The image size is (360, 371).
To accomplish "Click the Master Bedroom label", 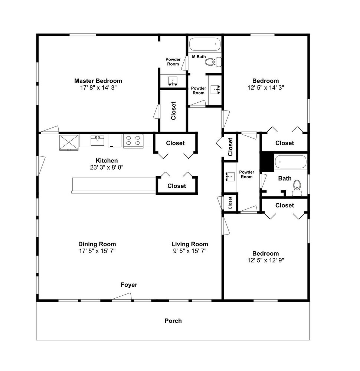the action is pyautogui.click(x=98, y=81).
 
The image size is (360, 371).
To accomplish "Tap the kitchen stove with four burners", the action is pyautogui.click(x=133, y=141).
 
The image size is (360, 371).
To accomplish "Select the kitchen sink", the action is pyautogui.click(x=98, y=141).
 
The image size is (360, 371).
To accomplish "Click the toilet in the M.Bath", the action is pyautogui.click(x=213, y=62).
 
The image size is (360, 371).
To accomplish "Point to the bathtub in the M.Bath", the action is pyautogui.click(x=205, y=44).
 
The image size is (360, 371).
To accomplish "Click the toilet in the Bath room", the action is pyautogui.click(x=297, y=188).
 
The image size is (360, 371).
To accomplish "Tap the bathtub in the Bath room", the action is pyautogui.click(x=291, y=162).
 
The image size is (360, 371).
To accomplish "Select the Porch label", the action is pyautogui.click(x=173, y=321).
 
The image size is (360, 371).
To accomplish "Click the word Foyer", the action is pyautogui.click(x=129, y=285).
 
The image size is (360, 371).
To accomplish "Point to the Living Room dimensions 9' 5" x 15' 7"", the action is pyautogui.click(x=190, y=251).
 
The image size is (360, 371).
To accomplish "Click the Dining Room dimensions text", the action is pyautogui.click(x=97, y=251).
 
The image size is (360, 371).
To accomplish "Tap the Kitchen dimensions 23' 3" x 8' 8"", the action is pyautogui.click(x=107, y=167).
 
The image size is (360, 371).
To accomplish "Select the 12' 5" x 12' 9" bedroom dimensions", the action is pyautogui.click(x=266, y=260).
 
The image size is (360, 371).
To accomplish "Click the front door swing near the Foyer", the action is pyautogui.click(x=122, y=297).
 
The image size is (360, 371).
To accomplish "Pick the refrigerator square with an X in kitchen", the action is pyautogui.click(x=69, y=143).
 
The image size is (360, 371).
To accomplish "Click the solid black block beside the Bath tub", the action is pyautogui.click(x=267, y=162).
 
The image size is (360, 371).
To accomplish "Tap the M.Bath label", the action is pyautogui.click(x=199, y=57).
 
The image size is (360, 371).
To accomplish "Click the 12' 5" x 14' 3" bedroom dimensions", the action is pyautogui.click(x=266, y=88).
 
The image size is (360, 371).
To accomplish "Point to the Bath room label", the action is pyautogui.click(x=285, y=178).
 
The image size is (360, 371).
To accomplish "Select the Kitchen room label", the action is pyautogui.click(x=107, y=161).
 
